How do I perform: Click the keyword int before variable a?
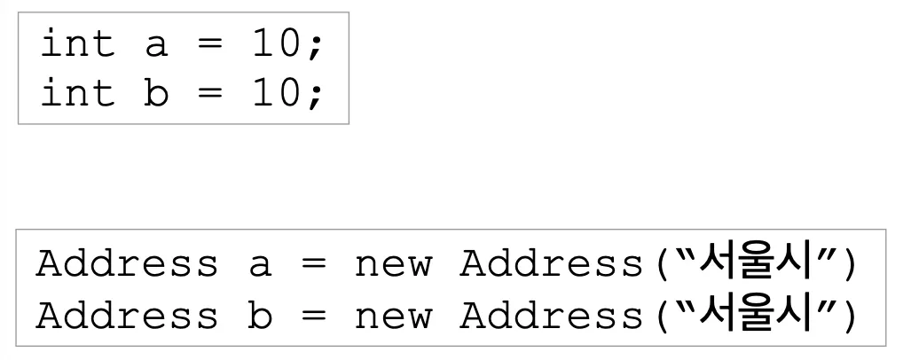pyautogui.click(x=77, y=44)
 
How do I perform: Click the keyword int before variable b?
pyautogui.click(x=77, y=93)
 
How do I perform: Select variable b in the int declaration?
pyautogui.click(x=156, y=93)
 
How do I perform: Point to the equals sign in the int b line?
pyautogui.click(x=209, y=94)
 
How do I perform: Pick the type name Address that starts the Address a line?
pyautogui.click(x=127, y=264)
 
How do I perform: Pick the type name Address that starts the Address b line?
pyautogui.click(x=127, y=316)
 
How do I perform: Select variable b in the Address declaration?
pyautogui.click(x=259, y=316)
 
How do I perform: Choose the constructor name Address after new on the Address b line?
pyautogui.click(x=549, y=316)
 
